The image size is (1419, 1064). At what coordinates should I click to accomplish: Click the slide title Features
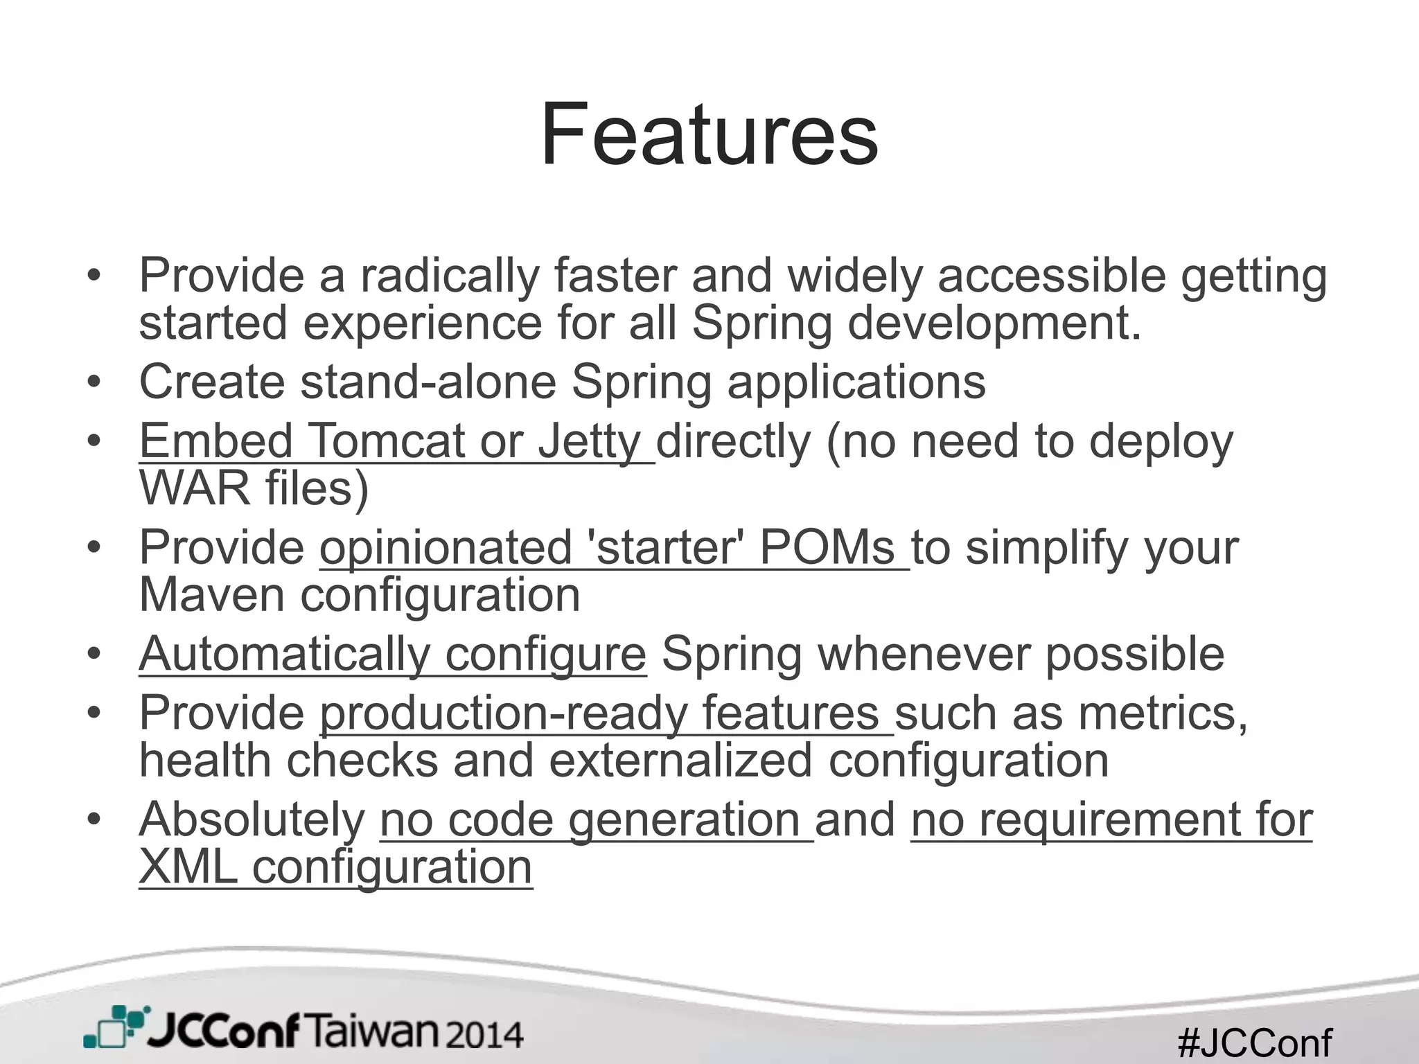click(709, 134)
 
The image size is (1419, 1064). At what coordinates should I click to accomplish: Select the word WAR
click(194, 488)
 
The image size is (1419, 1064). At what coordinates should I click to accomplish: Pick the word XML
click(188, 868)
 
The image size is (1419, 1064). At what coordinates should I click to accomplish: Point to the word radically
click(449, 276)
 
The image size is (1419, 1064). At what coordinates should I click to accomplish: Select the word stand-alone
click(428, 382)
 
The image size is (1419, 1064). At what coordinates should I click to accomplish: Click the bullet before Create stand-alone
click(94, 382)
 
